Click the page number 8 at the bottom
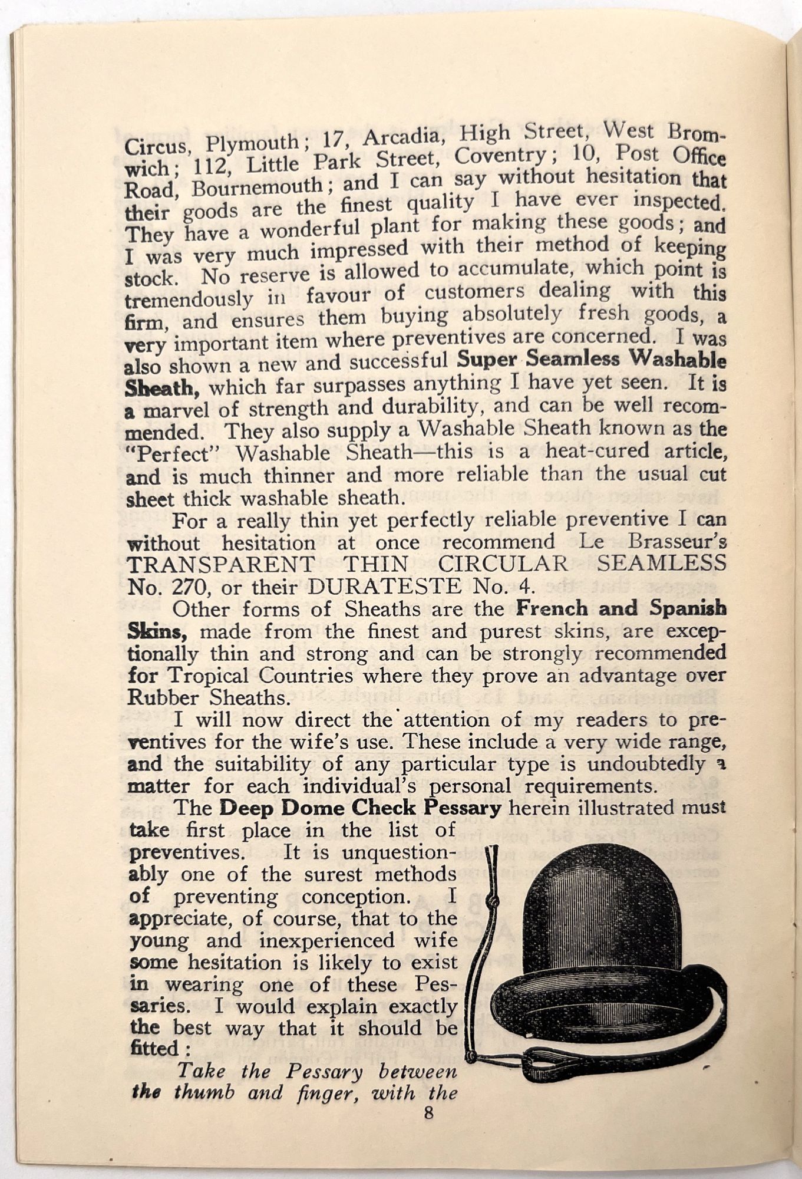pos(428,1114)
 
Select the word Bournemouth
pos(257,187)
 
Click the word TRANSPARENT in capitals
pos(220,564)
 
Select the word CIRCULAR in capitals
pos(502,564)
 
